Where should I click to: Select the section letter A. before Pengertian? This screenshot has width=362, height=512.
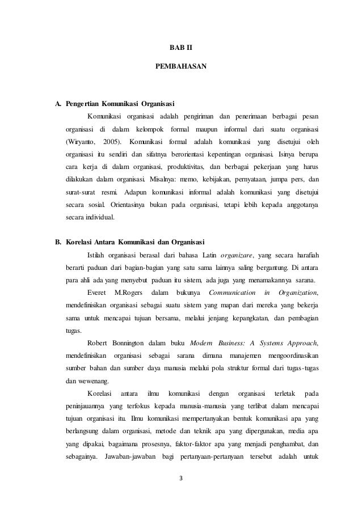tap(57, 104)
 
